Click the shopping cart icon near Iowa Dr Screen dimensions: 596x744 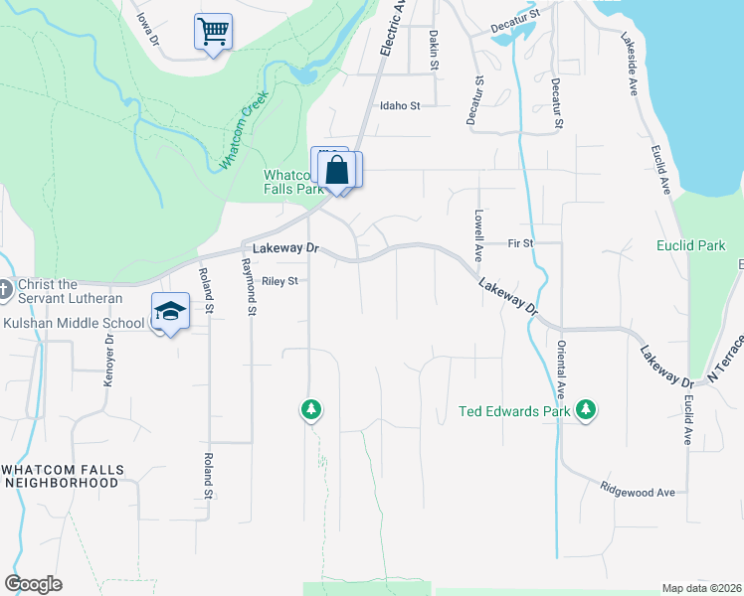pyautogui.click(x=213, y=32)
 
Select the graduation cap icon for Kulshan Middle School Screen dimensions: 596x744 pyautogui.click(x=170, y=312)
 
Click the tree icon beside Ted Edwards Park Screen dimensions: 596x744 pyautogui.click(x=587, y=409)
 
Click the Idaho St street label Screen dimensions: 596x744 pyautogui.click(x=399, y=105)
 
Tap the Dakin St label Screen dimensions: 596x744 pyautogui.click(x=434, y=49)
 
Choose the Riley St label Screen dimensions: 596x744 pyautogui.click(x=279, y=281)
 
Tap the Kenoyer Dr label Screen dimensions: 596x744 pyautogui.click(x=109, y=353)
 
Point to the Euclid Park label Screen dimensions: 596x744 pyautogui.click(x=691, y=245)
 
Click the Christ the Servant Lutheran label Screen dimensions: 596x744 pyautogui.click(x=70, y=291)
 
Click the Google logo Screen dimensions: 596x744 pyautogui.click(x=33, y=584)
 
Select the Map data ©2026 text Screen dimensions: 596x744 pyautogui.click(x=701, y=588)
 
